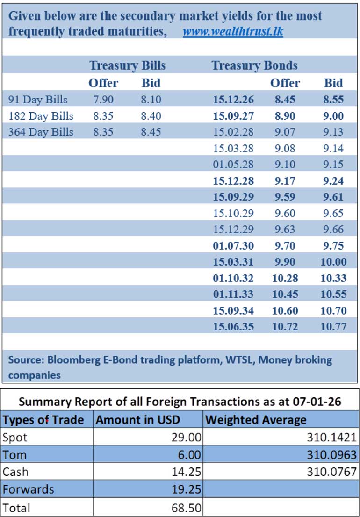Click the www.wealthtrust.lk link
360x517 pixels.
coord(232,32)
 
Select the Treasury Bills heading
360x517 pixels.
coord(127,65)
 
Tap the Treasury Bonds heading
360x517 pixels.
coord(254,65)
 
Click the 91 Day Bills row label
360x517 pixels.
coord(38,100)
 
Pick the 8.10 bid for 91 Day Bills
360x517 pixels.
coord(151,100)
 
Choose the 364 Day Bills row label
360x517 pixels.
coord(41,132)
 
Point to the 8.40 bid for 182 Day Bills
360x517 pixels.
coord(151,116)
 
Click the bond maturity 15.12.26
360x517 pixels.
coord(233,100)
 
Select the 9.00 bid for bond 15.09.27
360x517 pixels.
coord(333,116)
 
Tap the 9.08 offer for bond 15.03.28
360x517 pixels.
coord(285,149)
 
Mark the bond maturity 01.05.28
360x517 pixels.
coord(233,165)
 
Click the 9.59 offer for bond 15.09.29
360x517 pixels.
coord(285,197)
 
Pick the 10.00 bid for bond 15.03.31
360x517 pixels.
coord(333,262)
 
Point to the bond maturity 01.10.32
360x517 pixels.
coord(233,278)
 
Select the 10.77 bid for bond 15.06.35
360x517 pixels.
coord(333,326)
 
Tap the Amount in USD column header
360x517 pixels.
coord(137,420)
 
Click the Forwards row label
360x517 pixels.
coord(28,489)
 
